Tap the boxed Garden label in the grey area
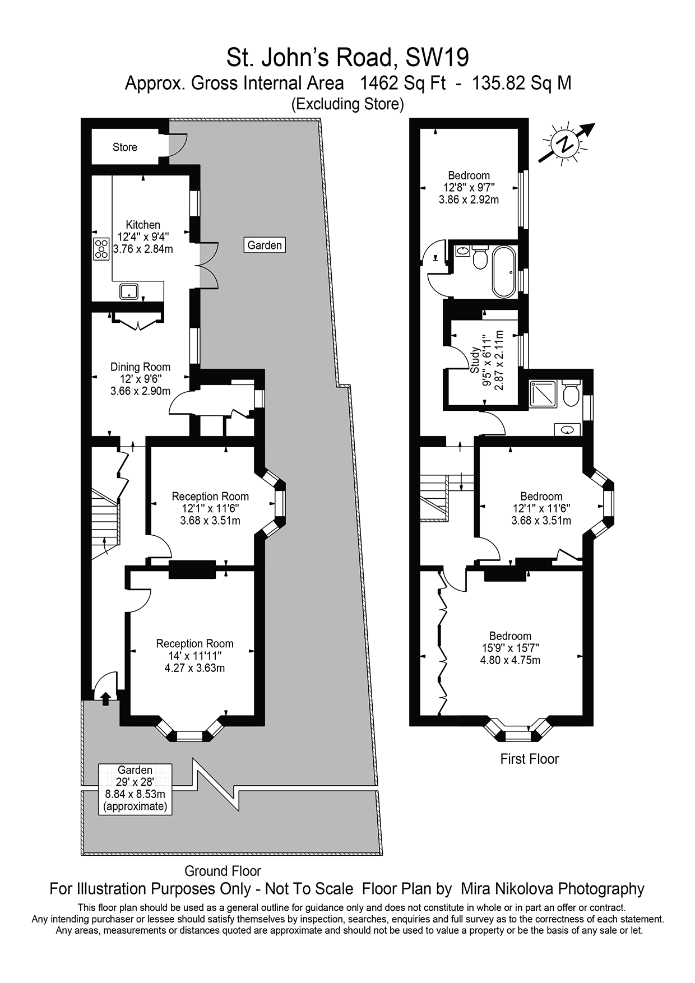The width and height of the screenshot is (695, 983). pyautogui.click(x=265, y=245)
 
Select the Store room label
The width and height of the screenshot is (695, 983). pyautogui.click(x=124, y=147)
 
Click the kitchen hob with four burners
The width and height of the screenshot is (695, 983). pyautogui.click(x=101, y=248)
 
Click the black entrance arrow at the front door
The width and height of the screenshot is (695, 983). pyautogui.click(x=105, y=698)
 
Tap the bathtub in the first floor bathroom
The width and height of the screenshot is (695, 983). pyautogui.click(x=506, y=272)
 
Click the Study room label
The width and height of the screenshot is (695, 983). pyautogui.click(x=474, y=360)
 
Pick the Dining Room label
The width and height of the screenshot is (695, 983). pyautogui.click(x=140, y=367)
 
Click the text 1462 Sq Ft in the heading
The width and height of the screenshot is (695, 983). pyautogui.click(x=402, y=83)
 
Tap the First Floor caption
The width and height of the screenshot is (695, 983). pyautogui.click(x=529, y=759)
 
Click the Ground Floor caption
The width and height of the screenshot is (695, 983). pyautogui.click(x=223, y=871)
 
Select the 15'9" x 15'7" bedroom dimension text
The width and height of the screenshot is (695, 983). pyautogui.click(x=510, y=648)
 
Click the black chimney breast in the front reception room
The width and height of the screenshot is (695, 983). pyautogui.click(x=192, y=569)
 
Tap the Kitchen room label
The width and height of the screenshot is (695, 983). pyautogui.click(x=143, y=225)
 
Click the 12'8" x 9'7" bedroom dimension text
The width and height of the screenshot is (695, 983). pyautogui.click(x=469, y=187)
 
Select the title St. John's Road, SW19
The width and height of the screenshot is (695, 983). pyautogui.click(x=347, y=57)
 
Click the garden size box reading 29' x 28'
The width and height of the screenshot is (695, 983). pyautogui.click(x=135, y=789)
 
